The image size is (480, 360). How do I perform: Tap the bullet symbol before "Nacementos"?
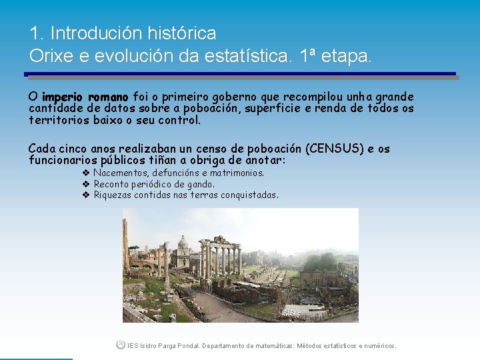point(86,173)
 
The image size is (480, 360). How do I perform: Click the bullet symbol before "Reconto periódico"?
point(86,184)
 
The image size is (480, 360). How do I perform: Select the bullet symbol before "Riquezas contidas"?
point(86,195)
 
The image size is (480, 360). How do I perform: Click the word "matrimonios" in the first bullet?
point(238,173)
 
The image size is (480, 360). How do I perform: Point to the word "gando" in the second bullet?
point(200,184)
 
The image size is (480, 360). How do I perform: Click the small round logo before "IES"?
point(120,345)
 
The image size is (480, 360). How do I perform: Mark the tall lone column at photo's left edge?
point(125,240)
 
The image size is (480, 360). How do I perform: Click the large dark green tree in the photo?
point(319,261)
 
